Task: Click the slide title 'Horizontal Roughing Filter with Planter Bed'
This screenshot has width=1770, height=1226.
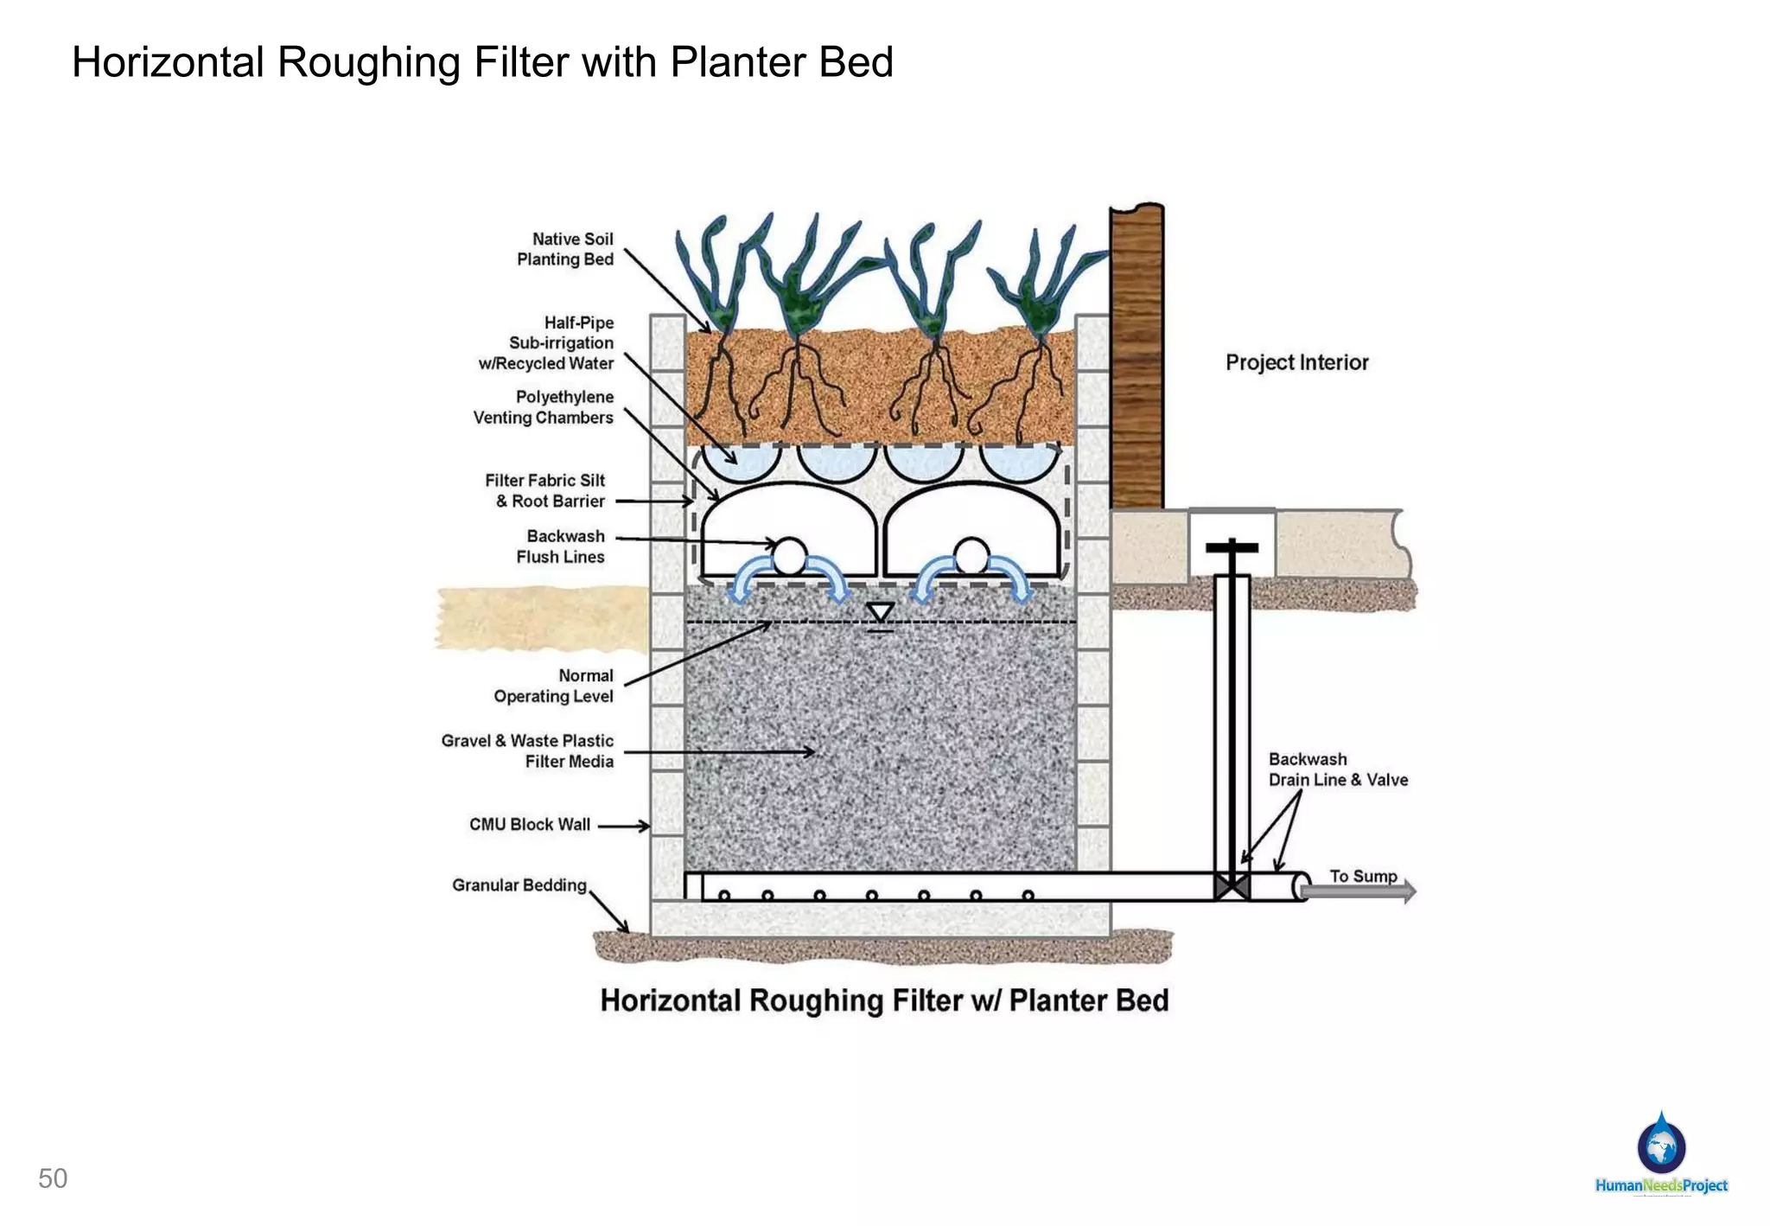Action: [x=482, y=62]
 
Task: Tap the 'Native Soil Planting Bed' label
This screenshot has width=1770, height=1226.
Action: [x=565, y=249]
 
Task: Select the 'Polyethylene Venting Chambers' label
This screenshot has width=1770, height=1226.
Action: [x=544, y=407]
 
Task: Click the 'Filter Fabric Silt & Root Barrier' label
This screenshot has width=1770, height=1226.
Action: [x=546, y=490]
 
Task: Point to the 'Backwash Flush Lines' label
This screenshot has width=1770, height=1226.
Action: [x=562, y=546]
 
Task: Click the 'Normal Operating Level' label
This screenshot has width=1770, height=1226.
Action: [x=555, y=686]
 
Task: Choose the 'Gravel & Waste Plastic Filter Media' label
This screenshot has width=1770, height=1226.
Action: [x=528, y=750]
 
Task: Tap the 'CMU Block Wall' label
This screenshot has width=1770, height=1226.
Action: [x=530, y=824]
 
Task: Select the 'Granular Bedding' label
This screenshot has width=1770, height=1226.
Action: [x=519, y=884]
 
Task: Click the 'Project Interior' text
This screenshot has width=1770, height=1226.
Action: [x=1296, y=362]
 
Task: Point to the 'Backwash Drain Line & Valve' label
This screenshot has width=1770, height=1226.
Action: [x=1337, y=769]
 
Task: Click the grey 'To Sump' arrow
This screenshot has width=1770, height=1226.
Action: [x=1359, y=891]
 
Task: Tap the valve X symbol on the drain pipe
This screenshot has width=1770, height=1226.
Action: [x=1232, y=887]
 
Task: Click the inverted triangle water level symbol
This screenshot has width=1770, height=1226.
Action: [x=880, y=613]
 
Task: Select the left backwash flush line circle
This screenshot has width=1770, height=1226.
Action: [x=788, y=556]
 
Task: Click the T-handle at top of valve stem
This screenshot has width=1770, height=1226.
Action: [x=1232, y=547]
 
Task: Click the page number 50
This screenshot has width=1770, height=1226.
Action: [x=53, y=1178]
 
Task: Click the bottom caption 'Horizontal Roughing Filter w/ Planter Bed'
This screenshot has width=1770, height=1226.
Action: [x=884, y=1000]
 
